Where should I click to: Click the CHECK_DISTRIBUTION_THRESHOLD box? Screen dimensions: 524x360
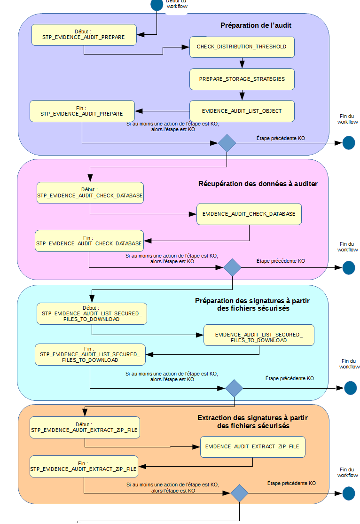point(242,47)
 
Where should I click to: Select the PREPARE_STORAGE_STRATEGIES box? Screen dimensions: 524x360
point(242,79)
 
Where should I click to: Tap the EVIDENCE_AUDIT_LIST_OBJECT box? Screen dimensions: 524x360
point(242,111)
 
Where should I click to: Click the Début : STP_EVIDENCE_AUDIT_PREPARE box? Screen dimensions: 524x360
point(84,34)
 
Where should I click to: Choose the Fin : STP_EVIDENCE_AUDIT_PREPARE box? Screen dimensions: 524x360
point(82,111)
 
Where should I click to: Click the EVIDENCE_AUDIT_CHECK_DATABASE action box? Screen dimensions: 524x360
point(249,214)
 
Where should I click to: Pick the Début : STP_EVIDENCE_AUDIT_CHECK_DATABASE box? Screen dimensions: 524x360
point(90,193)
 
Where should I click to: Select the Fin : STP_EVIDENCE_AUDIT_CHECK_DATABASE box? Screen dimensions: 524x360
point(89,241)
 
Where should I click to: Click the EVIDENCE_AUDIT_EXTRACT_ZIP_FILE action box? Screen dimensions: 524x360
point(253,446)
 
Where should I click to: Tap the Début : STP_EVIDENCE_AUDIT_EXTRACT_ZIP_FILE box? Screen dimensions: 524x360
point(84,427)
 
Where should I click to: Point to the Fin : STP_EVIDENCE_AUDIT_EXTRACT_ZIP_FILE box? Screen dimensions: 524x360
point(84,466)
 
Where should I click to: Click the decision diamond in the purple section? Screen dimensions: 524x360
point(227,143)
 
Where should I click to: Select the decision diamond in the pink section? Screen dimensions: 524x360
point(232,267)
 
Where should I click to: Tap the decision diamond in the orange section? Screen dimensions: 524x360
point(239,493)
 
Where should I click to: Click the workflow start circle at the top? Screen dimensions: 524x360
point(157,5)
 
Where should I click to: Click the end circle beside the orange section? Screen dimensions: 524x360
point(349,493)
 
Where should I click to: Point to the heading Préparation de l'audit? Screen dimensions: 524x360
point(256,25)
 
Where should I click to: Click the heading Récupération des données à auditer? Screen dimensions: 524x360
point(258,184)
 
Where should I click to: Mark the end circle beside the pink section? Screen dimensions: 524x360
point(349,267)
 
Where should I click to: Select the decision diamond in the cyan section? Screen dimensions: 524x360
point(234,388)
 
